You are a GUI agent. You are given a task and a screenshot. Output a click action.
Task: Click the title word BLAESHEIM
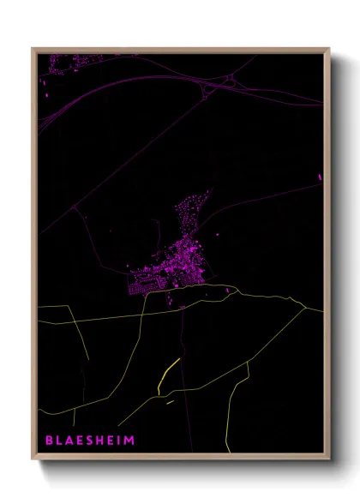[x=90, y=441]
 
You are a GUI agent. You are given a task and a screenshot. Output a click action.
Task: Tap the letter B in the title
[x=49, y=441]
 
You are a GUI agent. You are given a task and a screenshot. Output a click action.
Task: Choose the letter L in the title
[x=59, y=441]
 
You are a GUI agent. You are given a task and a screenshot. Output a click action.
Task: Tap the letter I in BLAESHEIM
[x=119, y=441]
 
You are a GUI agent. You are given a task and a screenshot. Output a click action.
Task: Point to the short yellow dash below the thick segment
[x=170, y=400]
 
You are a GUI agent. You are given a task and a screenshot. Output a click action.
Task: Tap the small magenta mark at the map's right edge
[x=320, y=177]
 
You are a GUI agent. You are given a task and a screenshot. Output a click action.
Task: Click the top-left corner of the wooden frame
[x=33, y=49]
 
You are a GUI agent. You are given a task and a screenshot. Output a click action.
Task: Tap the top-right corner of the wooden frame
[x=329, y=49]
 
